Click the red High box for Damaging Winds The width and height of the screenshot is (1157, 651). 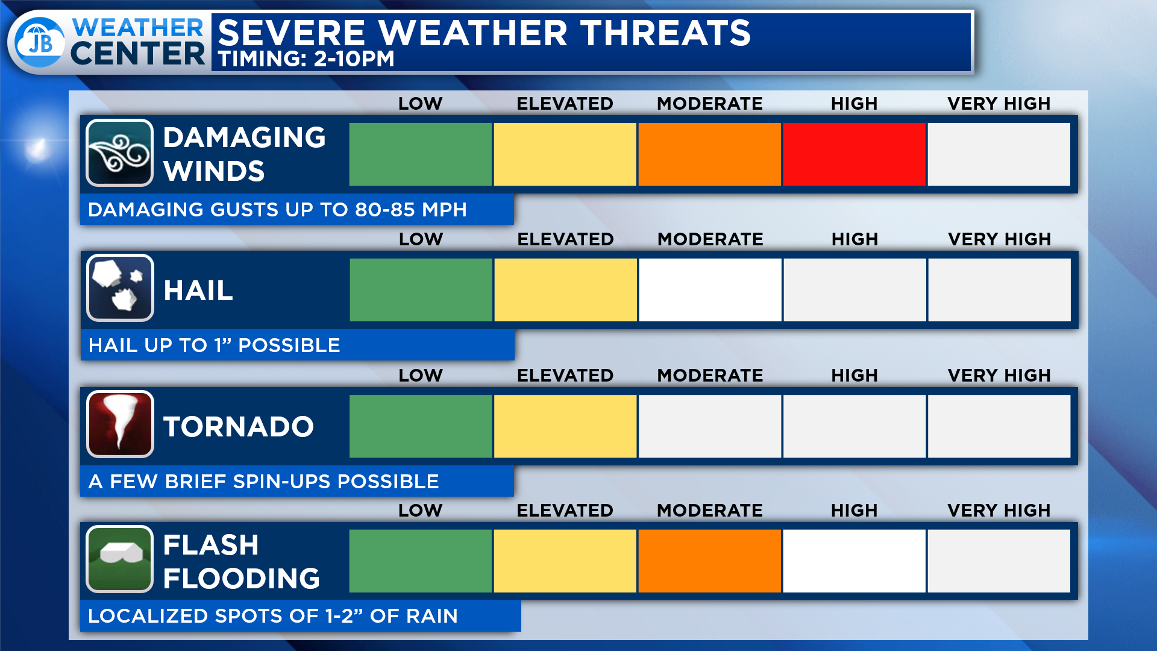[854, 154]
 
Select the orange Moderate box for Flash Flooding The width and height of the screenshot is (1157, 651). [709, 561]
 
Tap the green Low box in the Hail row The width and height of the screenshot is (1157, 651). [421, 290]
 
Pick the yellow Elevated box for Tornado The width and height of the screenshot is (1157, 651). [565, 426]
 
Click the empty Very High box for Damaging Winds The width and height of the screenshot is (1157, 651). [999, 154]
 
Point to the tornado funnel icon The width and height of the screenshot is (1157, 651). [120, 424]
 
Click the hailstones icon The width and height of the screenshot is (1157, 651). [120, 288]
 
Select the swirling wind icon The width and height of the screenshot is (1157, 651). [119, 153]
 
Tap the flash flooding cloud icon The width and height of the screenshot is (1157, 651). [119, 559]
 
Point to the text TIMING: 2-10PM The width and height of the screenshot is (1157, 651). [306, 59]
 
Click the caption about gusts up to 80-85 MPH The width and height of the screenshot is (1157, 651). [277, 210]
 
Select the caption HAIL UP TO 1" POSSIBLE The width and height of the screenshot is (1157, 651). [214, 345]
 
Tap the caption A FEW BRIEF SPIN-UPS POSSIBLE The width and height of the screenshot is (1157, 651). [263, 482]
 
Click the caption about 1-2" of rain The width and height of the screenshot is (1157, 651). [273, 616]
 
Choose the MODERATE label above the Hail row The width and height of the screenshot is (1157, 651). [710, 239]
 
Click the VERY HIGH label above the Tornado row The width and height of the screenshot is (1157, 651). [999, 376]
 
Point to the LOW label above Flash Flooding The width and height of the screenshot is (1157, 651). [420, 511]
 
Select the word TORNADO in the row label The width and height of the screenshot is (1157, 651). [239, 427]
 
